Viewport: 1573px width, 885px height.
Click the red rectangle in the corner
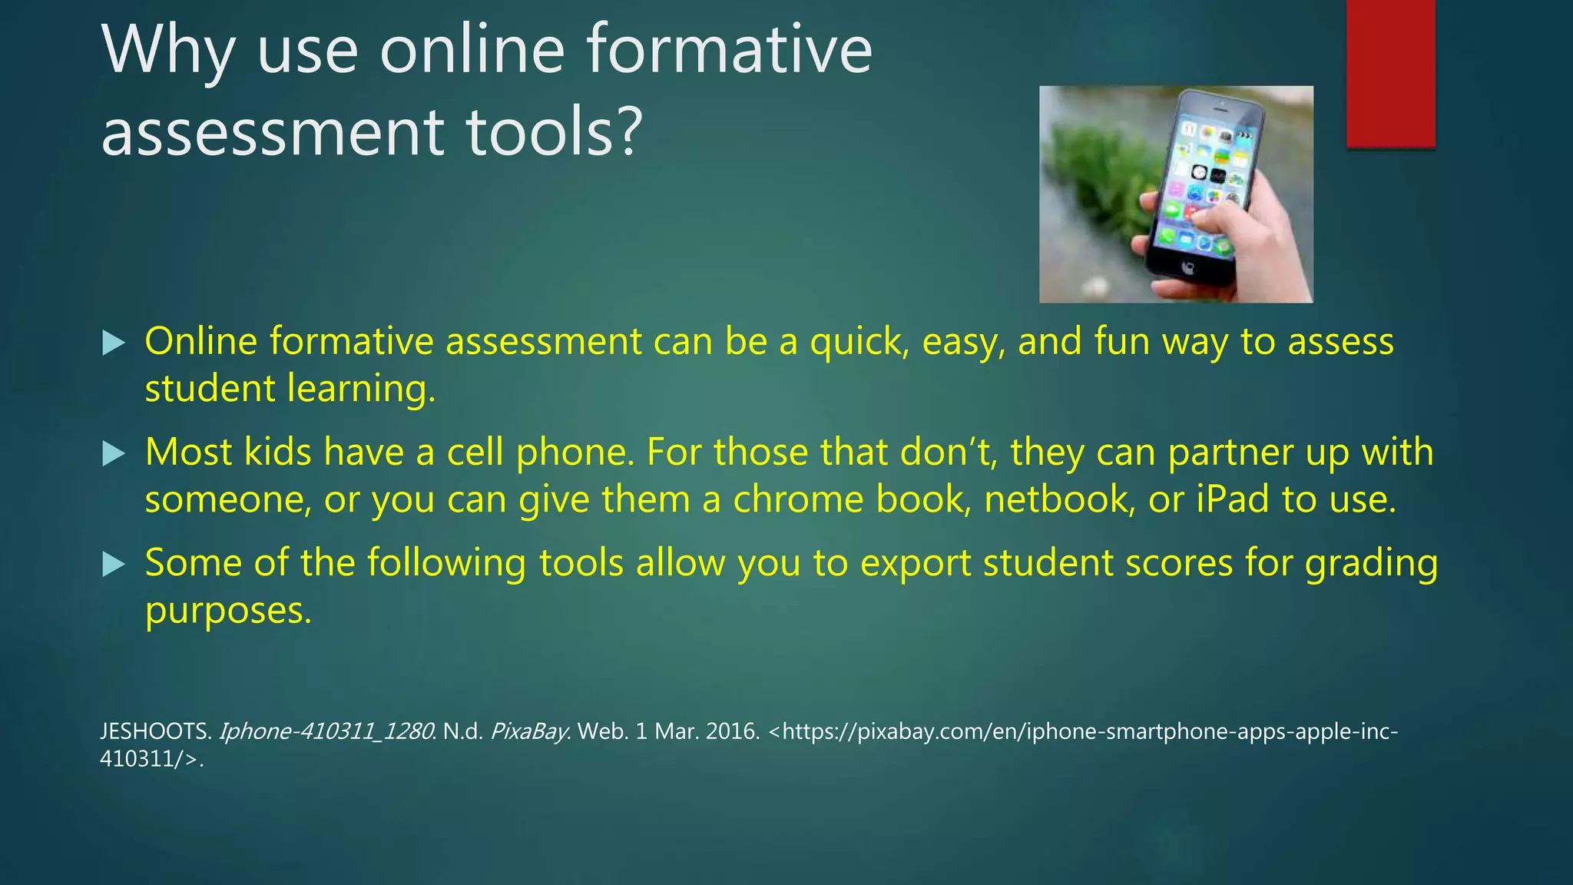1390,73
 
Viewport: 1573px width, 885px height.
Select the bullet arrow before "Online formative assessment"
113,343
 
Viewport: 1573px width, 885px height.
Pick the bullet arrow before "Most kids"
113,453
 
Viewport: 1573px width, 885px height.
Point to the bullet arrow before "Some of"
113,565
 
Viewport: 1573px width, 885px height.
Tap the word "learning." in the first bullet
361,389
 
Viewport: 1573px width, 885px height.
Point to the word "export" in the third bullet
916,563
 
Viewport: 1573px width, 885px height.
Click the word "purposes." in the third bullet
228,612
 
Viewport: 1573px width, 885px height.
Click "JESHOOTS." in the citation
155,731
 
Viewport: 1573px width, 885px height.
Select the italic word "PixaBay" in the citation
528,731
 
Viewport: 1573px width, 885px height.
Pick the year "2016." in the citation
733,731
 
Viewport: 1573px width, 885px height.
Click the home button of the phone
1188,268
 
